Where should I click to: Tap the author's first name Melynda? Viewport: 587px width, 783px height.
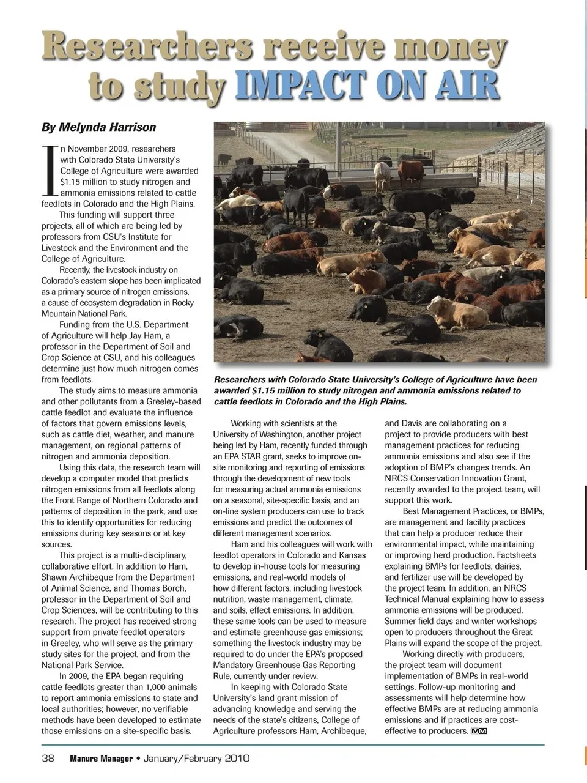83,127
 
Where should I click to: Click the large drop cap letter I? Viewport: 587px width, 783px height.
50,172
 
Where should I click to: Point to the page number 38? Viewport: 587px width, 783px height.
48,759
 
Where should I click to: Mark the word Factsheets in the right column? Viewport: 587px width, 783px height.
517,555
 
